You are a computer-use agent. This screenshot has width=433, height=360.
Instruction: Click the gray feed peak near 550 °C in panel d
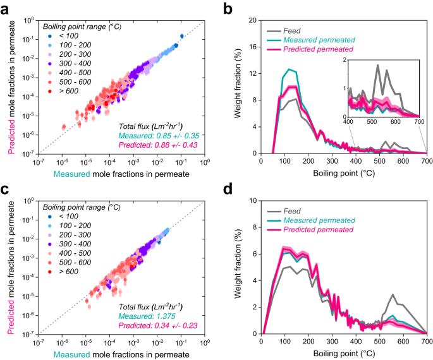click(393, 294)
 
